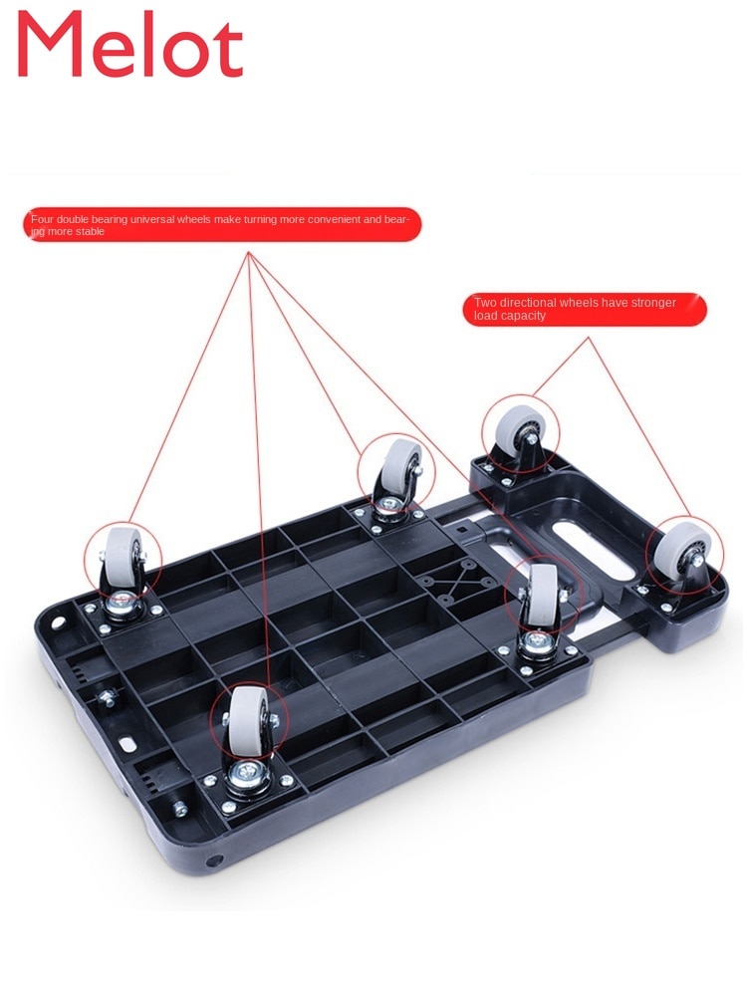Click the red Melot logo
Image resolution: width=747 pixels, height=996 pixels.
tap(130, 45)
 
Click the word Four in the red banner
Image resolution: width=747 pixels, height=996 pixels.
tap(42, 219)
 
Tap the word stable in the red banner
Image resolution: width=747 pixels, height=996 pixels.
tap(90, 231)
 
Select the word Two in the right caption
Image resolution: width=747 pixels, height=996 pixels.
tap(485, 303)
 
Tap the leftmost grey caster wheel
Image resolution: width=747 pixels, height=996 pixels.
tap(121, 557)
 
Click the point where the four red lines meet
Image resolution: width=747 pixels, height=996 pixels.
tap(249, 253)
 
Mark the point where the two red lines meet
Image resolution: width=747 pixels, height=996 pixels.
tap(589, 338)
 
